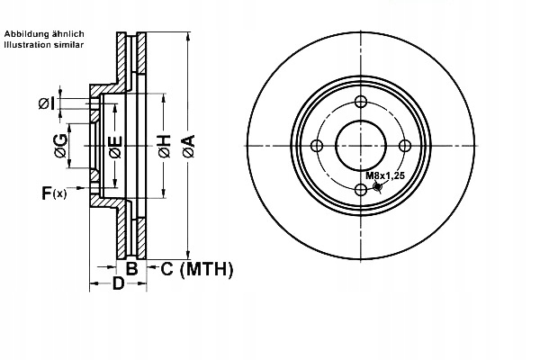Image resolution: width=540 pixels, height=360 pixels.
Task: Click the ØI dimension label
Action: pos(47,104)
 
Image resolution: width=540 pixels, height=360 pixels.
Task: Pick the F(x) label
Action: pos(53,192)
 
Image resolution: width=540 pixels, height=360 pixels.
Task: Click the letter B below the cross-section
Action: pos(130,268)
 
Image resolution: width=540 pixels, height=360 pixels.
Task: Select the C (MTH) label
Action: pos(196,268)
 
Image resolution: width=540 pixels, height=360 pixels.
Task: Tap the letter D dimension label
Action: pos(117,286)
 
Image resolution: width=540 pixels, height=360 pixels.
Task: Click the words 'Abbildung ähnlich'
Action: pos(44,33)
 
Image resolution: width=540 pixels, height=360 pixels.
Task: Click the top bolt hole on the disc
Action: pos(361,102)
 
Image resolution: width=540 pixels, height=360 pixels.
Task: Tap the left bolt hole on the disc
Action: pos(317,146)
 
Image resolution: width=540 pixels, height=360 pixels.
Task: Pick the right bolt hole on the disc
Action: pos(404,146)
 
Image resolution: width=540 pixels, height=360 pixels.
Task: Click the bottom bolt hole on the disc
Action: pos(361,189)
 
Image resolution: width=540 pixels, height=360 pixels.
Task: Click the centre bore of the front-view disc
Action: pos(361,146)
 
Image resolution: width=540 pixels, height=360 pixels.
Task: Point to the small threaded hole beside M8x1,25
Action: pos(377,187)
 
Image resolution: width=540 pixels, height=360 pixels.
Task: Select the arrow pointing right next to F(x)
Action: pos(85,191)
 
